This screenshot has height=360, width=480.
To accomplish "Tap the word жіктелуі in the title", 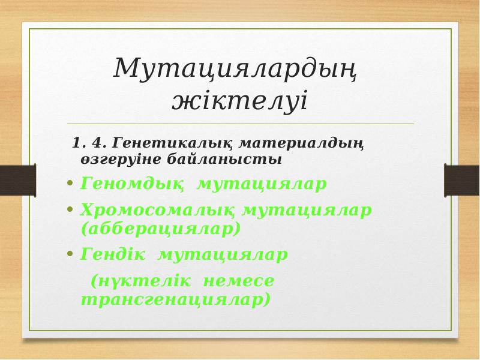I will (x=239, y=100).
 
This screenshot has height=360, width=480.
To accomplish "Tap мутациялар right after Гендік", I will (x=223, y=255).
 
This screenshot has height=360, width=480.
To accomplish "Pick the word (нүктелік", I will (x=140, y=281).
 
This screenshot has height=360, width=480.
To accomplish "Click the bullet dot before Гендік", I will (x=70, y=255).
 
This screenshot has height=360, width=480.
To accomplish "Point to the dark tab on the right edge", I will (x=461, y=180).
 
